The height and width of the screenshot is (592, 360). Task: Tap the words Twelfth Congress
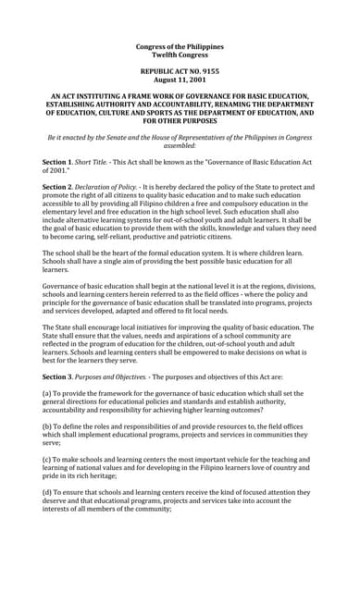pos(180,55)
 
